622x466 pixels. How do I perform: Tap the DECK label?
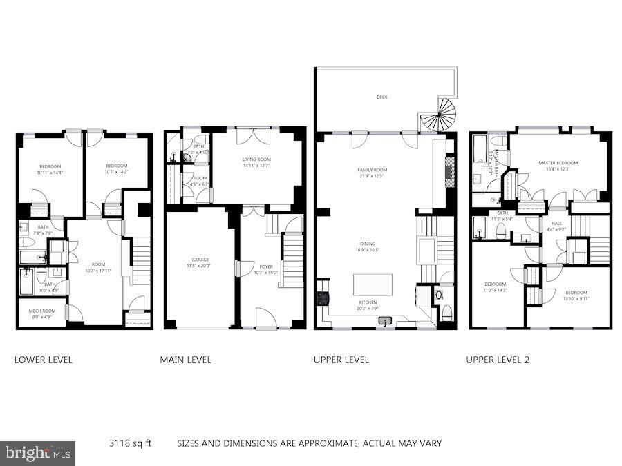(381, 97)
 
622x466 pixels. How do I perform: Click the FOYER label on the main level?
(266, 266)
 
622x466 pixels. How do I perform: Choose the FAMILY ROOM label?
(372, 170)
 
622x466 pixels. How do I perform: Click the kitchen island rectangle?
(373, 284)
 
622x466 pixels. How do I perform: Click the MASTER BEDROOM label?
(558, 163)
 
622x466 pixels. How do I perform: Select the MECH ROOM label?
(41, 311)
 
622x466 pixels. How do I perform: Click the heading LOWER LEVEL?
(44, 360)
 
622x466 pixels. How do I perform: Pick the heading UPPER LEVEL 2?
(498, 360)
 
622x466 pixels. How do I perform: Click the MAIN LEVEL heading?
(185, 360)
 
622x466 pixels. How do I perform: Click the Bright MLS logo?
(38, 454)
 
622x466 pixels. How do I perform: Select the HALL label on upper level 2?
(556, 223)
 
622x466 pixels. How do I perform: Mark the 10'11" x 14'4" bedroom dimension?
(50, 173)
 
